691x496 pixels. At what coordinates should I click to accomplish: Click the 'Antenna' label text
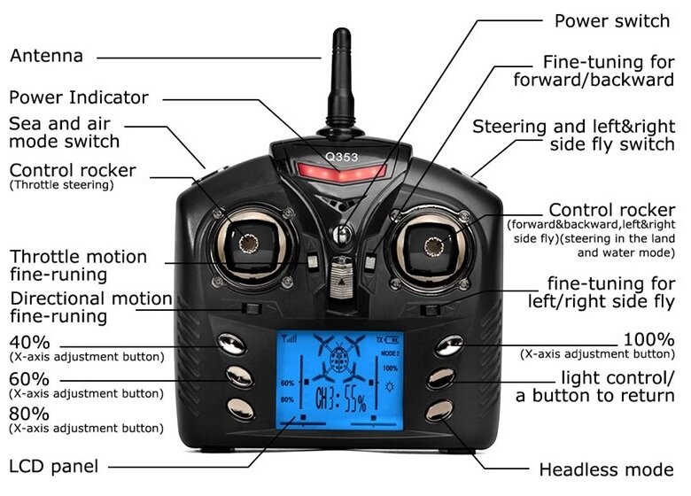[46, 56]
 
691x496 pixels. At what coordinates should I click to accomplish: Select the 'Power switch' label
[611, 20]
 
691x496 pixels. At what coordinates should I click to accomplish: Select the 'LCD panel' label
[54, 465]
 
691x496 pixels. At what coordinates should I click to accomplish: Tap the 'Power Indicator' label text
[79, 97]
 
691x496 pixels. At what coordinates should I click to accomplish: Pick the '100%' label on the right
[649, 339]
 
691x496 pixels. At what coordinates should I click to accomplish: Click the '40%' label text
[29, 342]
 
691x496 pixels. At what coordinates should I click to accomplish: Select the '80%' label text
[29, 414]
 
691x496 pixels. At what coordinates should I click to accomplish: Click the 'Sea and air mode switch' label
[64, 132]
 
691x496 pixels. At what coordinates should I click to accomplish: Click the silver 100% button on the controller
[450, 342]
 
